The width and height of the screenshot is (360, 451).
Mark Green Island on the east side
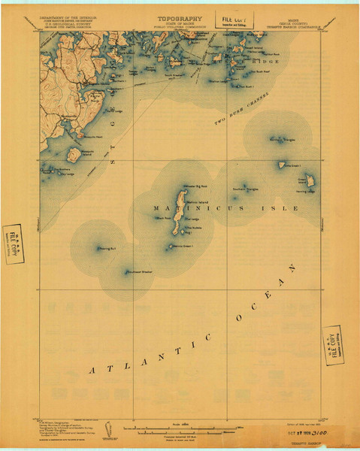307,180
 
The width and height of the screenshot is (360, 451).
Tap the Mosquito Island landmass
74,156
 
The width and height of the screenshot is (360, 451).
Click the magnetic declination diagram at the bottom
110,428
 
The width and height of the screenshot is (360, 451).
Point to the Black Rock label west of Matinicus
162,219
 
